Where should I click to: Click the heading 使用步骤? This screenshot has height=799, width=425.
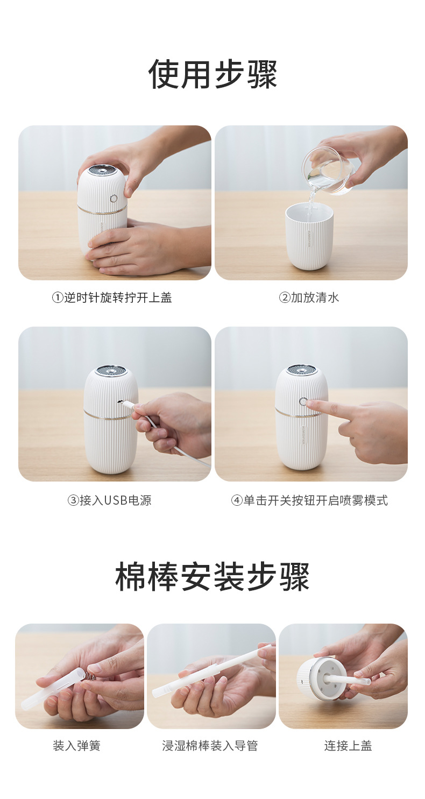212,74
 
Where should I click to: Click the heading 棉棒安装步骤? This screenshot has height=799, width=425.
212,577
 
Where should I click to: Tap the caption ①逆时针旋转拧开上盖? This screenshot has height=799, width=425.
112,298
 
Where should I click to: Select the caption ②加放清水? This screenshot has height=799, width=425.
309,298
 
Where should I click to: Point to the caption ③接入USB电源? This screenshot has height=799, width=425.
109,500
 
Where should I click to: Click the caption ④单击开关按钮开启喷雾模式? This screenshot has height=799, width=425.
309,500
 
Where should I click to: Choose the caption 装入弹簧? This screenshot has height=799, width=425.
76,746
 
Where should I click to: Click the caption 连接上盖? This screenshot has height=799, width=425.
348,746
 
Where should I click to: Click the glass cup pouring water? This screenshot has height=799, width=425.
327,171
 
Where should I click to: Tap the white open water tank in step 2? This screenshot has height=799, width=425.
309,237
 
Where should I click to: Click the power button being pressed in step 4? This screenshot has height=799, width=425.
303,401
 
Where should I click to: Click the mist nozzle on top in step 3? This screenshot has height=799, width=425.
110,371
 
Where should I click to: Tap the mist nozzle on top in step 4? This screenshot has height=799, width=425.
302,370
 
